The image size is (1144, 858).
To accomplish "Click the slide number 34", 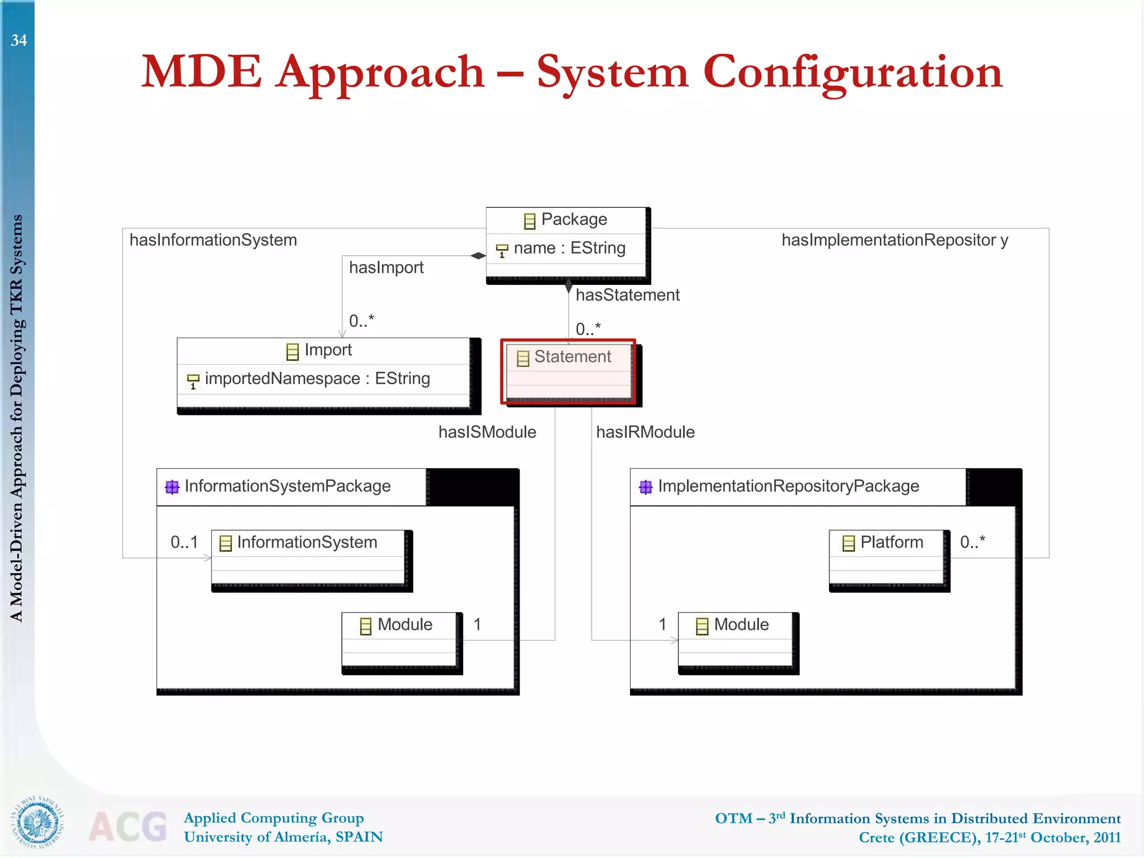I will (x=18, y=40).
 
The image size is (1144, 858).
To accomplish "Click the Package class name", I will (x=573, y=220).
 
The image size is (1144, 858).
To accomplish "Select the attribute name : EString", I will (x=569, y=248).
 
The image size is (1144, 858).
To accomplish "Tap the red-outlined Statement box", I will (x=568, y=371).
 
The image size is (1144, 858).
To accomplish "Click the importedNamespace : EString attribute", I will (x=317, y=379).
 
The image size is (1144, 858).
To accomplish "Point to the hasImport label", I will (x=386, y=268).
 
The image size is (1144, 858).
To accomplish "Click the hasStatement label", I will (x=627, y=295).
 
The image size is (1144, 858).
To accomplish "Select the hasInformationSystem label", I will (x=213, y=240).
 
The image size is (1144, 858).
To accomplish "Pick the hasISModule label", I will (x=487, y=432).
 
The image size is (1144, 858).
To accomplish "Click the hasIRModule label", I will (x=645, y=432).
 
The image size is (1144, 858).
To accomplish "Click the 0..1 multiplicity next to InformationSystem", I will (x=184, y=542).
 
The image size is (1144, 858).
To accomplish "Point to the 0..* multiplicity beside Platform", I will (x=972, y=542).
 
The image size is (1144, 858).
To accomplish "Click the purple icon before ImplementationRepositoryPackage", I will (x=646, y=487).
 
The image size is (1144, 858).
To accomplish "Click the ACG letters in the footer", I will (x=128, y=826).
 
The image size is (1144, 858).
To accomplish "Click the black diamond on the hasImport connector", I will (x=478, y=256).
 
